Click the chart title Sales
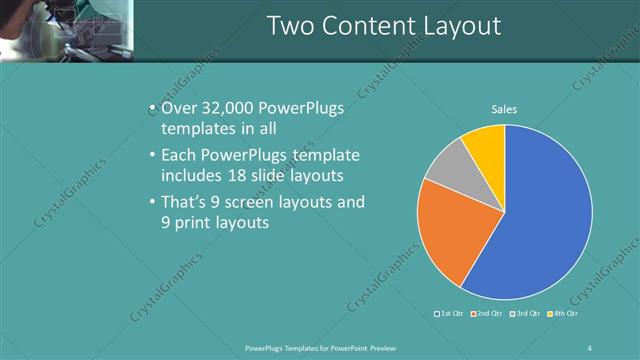[x=504, y=110]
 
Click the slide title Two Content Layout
[x=384, y=25]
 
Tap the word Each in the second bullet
[x=179, y=156]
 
